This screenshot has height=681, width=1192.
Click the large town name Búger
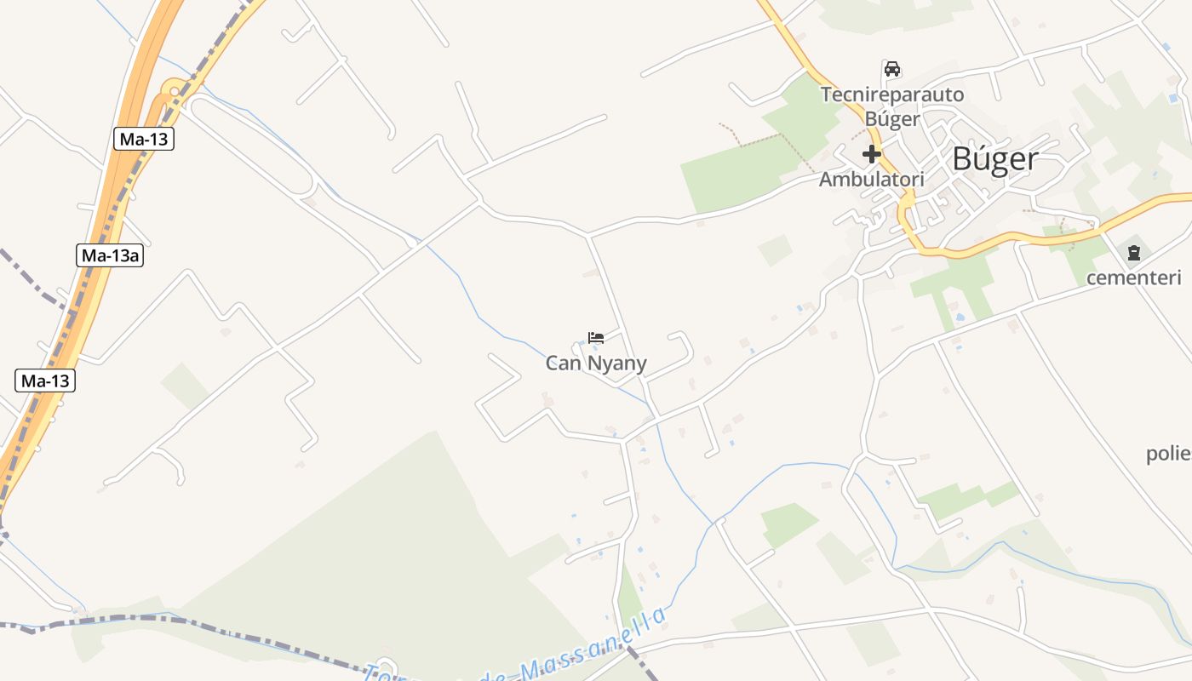994,159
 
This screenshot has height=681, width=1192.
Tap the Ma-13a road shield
111,255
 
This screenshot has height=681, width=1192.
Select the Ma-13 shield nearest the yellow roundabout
144,140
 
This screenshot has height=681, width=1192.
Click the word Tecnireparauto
891,94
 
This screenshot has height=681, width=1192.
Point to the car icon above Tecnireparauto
891,69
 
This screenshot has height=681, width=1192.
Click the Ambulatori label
871,180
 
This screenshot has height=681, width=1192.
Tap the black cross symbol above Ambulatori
871,155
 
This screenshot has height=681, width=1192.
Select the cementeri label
1134,278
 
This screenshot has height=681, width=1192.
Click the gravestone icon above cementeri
1134,253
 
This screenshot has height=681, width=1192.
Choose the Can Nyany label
596,363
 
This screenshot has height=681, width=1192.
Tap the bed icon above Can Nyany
596,338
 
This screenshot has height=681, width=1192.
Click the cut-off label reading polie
1168,454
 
